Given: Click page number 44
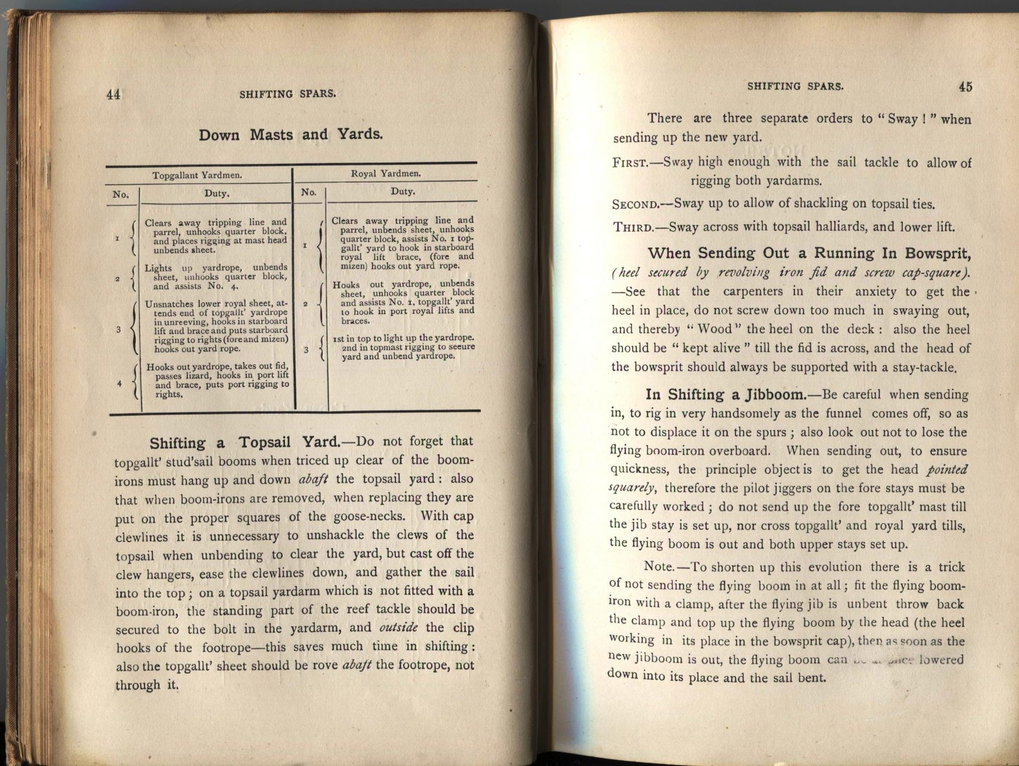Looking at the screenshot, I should tap(114, 94).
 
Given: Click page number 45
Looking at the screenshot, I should tap(965, 87).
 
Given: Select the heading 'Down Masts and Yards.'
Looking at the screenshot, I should tap(290, 134).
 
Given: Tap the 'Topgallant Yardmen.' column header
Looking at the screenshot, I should tap(197, 175).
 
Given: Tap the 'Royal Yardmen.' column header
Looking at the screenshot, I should tap(386, 173).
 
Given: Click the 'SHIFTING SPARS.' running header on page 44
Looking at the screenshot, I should tap(288, 94).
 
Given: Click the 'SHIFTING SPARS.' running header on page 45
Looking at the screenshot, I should tap(795, 86).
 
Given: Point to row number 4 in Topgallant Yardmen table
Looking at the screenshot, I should tap(119, 383).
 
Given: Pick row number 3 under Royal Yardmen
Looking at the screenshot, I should tap(306, 350).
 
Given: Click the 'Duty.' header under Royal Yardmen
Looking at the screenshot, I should tap(402, 192).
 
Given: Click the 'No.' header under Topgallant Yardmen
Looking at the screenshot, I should tap(120, 194).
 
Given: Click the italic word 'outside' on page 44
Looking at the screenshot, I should tap(398, 627).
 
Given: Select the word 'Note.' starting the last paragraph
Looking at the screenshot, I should tap(659, 566).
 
